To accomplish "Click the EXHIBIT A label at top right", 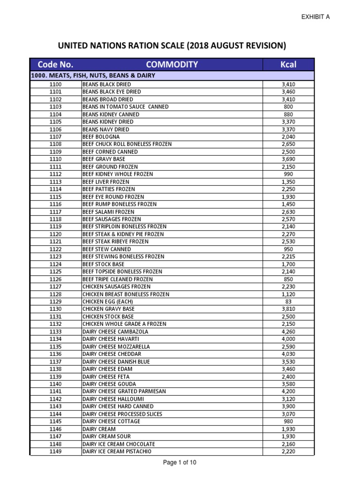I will [315, 17].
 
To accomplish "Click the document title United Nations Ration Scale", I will [172, 45].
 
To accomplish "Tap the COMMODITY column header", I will [172, 65].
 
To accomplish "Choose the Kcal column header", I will [288, 65].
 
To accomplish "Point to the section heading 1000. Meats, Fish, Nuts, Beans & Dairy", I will [93, 75].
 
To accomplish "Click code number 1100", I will [55, 84].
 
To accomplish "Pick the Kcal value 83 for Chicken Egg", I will [288, 302].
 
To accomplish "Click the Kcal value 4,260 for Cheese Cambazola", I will [288, 332].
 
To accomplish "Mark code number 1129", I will [55, 302].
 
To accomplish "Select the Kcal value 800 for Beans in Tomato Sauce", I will [288, 107].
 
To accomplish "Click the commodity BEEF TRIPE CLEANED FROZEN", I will [117, 279].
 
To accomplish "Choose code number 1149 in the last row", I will [55, 451].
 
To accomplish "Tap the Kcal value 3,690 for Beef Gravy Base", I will [288, 159].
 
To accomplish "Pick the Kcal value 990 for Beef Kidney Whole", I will [288, 174].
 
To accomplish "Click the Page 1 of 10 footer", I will [180, 463].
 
